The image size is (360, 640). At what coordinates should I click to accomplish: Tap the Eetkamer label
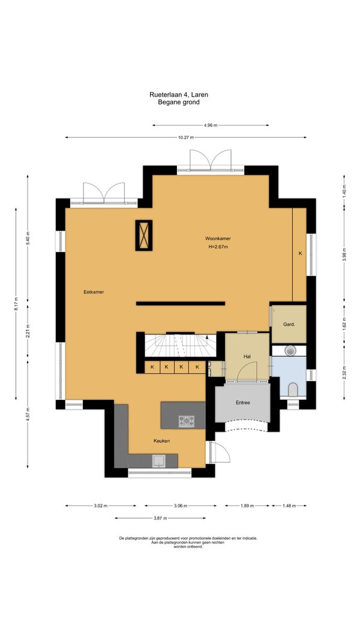[94, 292]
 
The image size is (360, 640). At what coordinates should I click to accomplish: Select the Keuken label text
[161, 441]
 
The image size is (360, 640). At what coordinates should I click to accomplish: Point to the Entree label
[242, 402]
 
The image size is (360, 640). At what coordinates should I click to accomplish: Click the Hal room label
[247, 357]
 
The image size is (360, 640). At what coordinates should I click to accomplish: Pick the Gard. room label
[289, 324]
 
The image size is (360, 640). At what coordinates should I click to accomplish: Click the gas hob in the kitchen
[187, 421]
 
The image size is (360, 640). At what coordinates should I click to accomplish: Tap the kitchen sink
[158, 461]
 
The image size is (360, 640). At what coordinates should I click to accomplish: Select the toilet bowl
[293, 390]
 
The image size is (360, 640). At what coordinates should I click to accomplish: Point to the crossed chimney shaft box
[143, 235]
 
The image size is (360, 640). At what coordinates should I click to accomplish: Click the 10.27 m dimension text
[185, 137]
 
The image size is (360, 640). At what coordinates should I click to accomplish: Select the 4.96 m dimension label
[211, 125]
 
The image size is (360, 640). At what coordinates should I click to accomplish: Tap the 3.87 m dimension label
[160, 518]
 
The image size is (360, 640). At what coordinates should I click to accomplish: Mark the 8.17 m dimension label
[16, 304]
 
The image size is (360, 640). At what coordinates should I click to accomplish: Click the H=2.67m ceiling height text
[218, 247]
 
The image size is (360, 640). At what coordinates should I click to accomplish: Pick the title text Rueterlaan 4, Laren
[179, 95]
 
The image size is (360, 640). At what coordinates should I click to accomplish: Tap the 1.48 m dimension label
[289, 506]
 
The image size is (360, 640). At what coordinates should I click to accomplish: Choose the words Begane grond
[179, 103]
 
